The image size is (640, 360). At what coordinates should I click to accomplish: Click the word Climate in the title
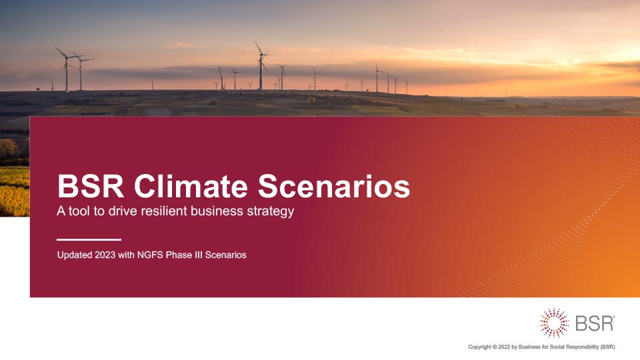coord(191,186)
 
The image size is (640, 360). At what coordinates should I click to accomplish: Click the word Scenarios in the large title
coord(334,186)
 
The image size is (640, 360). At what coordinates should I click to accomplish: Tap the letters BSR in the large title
coord(91,186)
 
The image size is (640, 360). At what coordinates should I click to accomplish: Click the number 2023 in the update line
coord(105,255)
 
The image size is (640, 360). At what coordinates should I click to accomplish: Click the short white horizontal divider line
coord(89,239)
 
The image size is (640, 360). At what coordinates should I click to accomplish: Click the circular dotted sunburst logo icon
coord(553,323)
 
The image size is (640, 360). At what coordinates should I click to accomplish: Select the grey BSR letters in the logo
coord(595,323)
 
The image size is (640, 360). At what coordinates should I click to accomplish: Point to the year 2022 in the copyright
coord(504,347)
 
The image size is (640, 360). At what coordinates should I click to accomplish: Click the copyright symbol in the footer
coord(495,347)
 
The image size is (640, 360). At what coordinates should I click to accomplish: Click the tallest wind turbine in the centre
coord(261,66)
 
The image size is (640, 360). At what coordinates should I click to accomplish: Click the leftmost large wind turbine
coord(67,70)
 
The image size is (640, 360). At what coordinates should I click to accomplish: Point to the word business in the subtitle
coord(217,211)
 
